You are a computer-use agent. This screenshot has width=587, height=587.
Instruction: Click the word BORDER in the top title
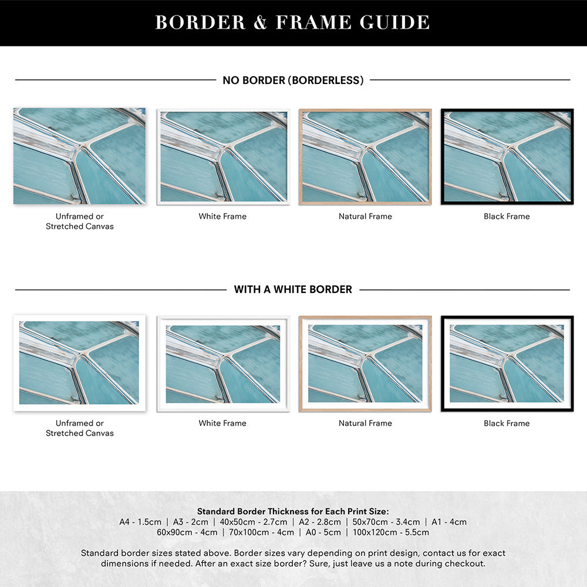coord(200,22)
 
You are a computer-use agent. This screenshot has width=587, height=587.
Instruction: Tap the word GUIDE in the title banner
coord(394,22)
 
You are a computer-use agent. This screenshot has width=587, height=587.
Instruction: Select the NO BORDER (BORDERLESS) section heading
coord(293,80)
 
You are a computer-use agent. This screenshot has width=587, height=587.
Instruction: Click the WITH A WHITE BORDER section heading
coord(293,289)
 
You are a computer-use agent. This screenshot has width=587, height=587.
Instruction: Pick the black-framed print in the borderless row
coord(507,157)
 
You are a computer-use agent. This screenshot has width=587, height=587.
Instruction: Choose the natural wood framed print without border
coord(365,157)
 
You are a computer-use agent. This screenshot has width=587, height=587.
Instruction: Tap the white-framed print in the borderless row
coord(223,157)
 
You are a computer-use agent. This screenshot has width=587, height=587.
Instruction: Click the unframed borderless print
coord(79,156)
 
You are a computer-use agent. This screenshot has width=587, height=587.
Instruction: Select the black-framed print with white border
coord(507,363)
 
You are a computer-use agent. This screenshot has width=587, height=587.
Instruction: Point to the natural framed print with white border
coord(365,363)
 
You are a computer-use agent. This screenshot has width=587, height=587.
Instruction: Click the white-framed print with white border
coord(223,363)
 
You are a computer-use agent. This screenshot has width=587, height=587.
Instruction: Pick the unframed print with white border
coord(79,363)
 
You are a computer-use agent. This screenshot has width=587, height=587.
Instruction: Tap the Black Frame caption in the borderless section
coord(507,217)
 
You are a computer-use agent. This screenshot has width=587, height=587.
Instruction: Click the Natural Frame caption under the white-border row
coord(365,423)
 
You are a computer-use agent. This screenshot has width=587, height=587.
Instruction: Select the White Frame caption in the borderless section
coord(222,217)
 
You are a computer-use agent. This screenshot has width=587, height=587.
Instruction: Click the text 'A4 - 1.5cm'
coord(140,522)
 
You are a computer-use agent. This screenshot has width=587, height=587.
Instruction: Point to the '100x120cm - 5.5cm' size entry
coord(391,532)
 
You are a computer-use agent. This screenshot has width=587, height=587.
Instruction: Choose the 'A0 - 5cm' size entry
coord(323,532)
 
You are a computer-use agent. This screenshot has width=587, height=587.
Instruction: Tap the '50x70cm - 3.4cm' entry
coord(386,522)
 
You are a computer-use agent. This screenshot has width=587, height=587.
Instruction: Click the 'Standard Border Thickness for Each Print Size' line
coord(293,511)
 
